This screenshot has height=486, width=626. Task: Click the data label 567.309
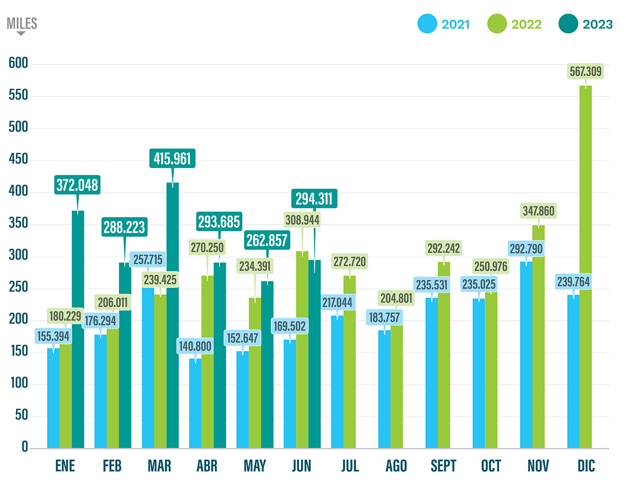[585, 71]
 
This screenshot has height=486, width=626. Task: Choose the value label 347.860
[537, 211]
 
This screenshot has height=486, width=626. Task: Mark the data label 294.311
[315, 199]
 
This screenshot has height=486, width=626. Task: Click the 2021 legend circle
[428, 24]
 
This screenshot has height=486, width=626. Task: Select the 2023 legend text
[597, 25]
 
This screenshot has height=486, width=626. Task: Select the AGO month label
[396, 466]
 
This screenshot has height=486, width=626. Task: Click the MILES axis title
[21, 23]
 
